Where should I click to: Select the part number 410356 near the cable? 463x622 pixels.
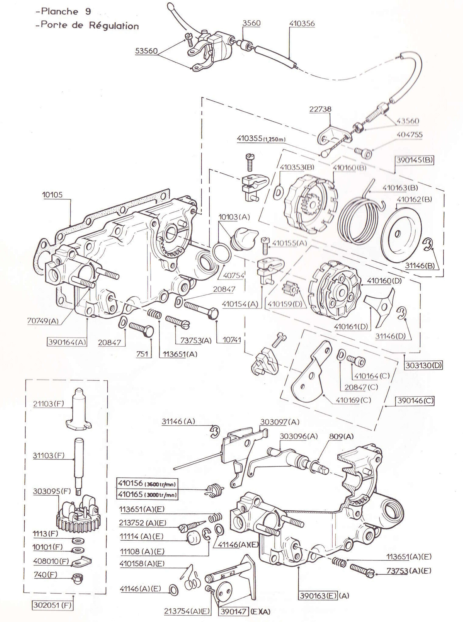pos(302,23)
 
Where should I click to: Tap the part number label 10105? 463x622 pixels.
pos(52,195)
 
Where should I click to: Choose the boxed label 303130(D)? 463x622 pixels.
pos(423,365)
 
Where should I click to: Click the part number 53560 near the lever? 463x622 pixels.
pos(146,51)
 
